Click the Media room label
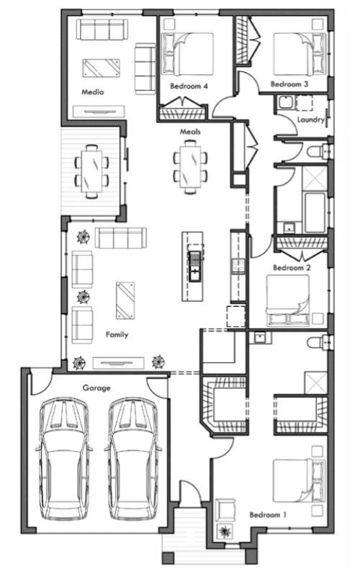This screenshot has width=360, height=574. [x=93, y=92]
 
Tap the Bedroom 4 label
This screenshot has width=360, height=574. [x=189, y=86]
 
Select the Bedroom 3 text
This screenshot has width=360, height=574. [x=289, y=84]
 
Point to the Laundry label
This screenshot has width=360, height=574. [x=310, y=120]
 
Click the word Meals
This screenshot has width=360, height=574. [x=190, y=131]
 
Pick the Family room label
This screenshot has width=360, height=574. [x=117, y=335]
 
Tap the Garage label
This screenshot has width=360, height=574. [x=96, y=388]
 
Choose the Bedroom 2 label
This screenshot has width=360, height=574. [x=292, y=268]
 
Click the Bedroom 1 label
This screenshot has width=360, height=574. [x=268, y=515]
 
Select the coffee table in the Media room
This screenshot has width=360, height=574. [x=102, y=68]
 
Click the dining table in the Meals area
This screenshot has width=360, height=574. [x=190, y=167]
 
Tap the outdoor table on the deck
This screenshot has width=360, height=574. [x=91, y=171]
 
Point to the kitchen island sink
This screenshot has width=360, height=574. [x=194, y=266]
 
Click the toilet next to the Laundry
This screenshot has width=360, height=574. [x=319, y=151]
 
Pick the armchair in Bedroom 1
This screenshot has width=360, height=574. [x=225, y=510]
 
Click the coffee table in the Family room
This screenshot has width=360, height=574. [x=125, y=300]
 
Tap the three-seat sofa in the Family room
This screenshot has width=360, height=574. [x=121, y=238]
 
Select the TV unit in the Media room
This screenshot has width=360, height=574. [x=99, y=112]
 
